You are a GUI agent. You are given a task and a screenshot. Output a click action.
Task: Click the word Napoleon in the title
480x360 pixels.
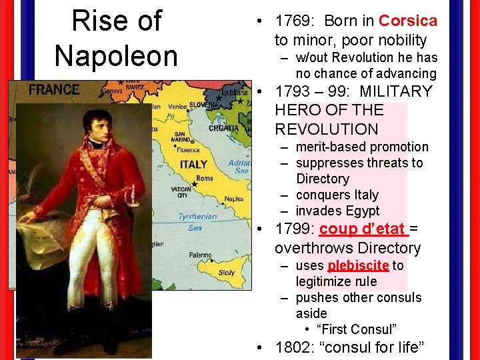(x=116, y=55)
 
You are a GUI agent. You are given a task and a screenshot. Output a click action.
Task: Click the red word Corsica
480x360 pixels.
(x=408, y=21)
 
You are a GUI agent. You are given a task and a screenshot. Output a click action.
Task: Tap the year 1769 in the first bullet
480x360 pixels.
(x=294, y=21)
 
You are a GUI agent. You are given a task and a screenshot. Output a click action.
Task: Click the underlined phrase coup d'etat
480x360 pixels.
(x=363, y=229)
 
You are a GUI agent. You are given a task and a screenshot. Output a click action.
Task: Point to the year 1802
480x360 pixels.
(x=294, y=348)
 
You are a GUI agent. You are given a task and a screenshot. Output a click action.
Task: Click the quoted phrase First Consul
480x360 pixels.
(x=357, y=329)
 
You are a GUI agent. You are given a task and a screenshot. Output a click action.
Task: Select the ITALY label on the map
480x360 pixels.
(x=193, y=164)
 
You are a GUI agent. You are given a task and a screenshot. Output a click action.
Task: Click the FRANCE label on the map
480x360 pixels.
(x=54, y=89)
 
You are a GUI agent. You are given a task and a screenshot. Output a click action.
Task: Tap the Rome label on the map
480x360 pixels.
(x=205, y=178)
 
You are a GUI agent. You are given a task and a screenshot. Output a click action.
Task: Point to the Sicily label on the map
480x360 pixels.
(x=227, y=272)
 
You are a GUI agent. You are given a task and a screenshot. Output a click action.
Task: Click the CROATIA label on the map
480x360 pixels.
(x=223, y=128)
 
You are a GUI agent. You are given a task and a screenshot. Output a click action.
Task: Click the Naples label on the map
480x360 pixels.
(x=234, y=199)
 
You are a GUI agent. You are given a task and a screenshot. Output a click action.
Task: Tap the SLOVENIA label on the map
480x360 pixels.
(x=205, y=105)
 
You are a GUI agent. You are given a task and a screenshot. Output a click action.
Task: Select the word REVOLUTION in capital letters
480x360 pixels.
(x=326, y=129)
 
